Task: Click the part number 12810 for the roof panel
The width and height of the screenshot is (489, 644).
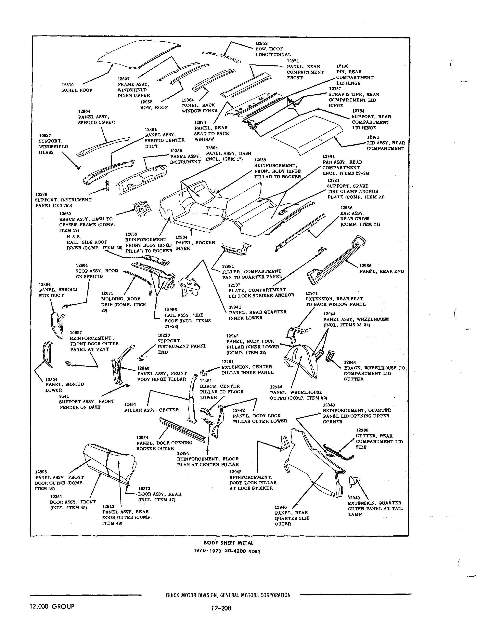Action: (x=68, y=85)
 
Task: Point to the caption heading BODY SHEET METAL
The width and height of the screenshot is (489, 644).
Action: (x=228, y=543)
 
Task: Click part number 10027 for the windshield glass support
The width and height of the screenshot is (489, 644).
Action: (x=45, y=135)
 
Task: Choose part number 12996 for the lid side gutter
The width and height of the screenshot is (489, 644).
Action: (x=362, y=430)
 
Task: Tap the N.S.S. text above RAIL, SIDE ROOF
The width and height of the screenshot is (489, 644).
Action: (x=74, y=237)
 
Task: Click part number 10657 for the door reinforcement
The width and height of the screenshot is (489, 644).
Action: (x=76, y=332)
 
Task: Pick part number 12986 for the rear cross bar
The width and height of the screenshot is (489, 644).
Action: (x=346, y=208)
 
